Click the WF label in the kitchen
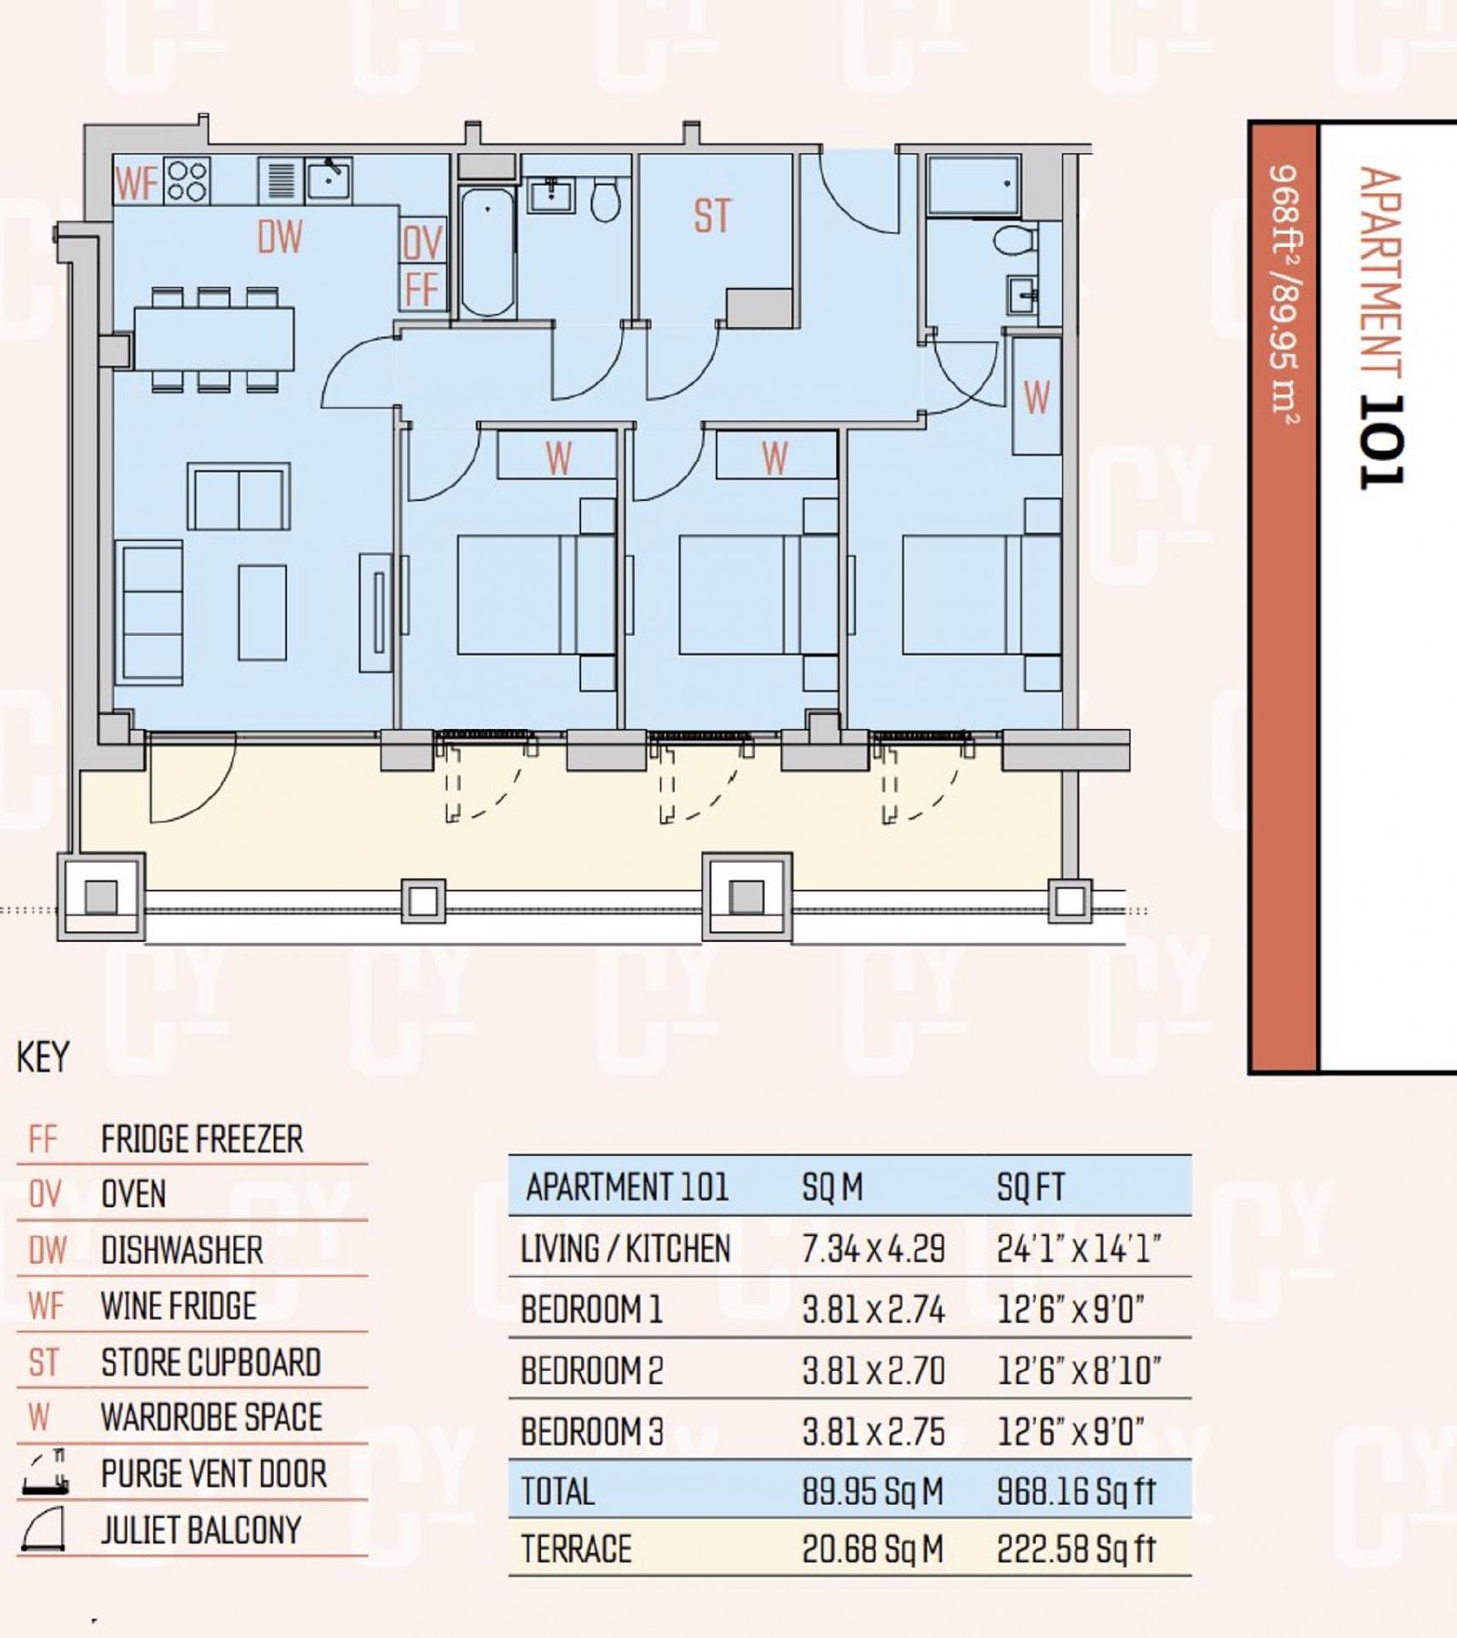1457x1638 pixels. (x=137, y=183)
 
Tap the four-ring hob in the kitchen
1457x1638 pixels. (x=187, y=180)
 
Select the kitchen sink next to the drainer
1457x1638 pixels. (x=329, y=179)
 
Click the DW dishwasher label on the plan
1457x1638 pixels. (x=280, y=237)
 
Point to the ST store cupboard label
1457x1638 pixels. (x=712, y=217)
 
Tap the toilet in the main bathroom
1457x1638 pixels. (x=605, y=200)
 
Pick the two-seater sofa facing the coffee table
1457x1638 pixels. (x=239, y=497)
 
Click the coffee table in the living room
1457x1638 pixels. (x=262, y=612)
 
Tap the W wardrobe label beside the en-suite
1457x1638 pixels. (x=1036, y=398)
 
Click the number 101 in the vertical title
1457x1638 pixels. (x=1381, y=441)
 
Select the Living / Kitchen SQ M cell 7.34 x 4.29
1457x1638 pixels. (x=873, y=1249)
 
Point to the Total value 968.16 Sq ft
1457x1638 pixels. (x=1075, y=1491)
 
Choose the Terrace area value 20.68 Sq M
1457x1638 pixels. (x=872, y=1549)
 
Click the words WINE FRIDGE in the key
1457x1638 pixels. (x=178, y=1306)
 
